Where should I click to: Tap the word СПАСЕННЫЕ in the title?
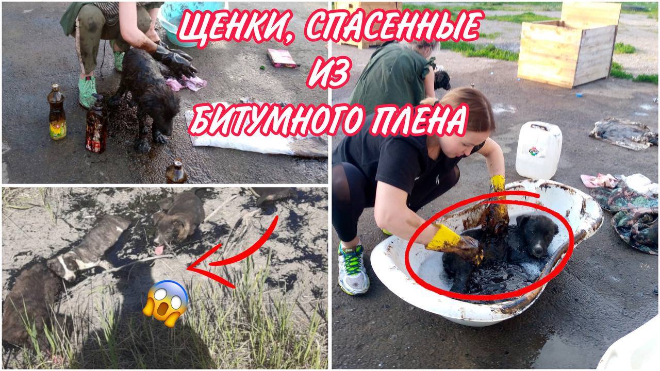point(394,26)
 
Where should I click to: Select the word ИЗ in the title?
point(329,72)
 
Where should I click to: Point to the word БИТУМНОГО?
point(277,120)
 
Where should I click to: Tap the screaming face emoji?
point(166,303)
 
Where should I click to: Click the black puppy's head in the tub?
point(537,234)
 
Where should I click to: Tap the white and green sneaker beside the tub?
point(353,268)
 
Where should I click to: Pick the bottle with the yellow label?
point(57,112)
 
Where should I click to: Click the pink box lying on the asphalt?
point(282,58)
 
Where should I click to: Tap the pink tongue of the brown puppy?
point(159,249)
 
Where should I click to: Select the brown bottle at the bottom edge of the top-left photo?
point(176,172)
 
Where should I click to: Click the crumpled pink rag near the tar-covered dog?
point(187,83)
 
